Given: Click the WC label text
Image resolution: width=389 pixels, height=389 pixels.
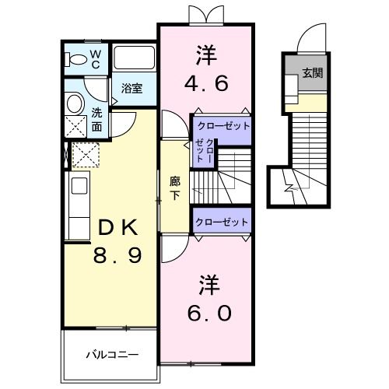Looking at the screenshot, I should click(x=95, y=58).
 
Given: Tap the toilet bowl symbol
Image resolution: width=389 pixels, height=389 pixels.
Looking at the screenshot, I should click(x=78, y=59).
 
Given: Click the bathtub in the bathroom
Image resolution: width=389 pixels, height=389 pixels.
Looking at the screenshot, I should click(x=135, y=60).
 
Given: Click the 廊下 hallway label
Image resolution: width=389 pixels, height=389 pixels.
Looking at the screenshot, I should click(x=176, y=187).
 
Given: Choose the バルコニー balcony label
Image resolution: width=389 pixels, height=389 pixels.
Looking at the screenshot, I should click(x=112, y=355).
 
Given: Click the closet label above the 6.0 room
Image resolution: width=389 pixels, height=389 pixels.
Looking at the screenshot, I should click(x=222, y=222).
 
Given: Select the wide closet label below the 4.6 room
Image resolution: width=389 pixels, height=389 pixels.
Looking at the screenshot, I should click(x=222, y=124).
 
